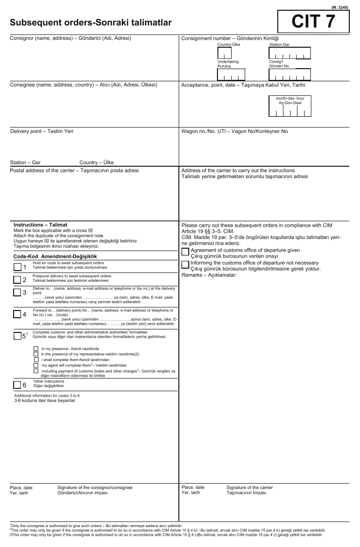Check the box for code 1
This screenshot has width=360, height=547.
18,267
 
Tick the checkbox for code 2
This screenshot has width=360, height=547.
18,279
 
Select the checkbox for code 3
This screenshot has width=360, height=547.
18,292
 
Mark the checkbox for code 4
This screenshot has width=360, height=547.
18,314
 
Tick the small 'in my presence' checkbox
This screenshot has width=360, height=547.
36,349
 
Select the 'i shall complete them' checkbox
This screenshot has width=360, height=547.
36,359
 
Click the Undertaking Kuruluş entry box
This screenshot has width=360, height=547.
231,74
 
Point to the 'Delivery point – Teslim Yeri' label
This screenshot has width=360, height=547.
42,131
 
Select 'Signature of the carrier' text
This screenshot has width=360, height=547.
250,487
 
